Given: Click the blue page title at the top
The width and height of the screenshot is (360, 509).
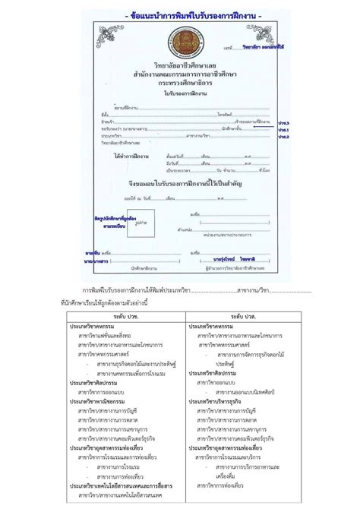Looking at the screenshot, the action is tap(180, 14).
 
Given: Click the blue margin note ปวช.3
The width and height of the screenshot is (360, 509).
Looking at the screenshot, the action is tap(283, 122).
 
